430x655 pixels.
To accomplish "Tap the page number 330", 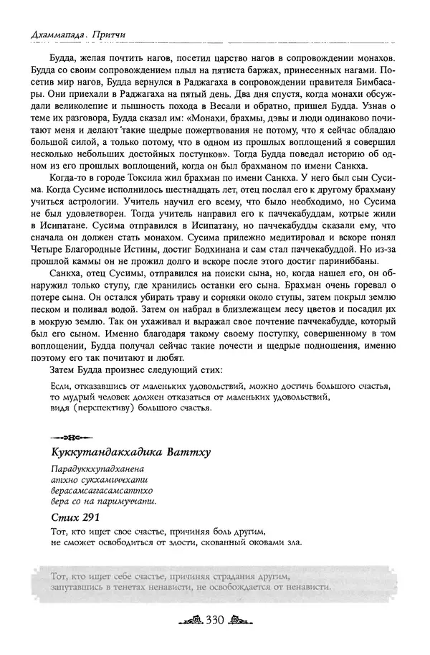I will point(215,621).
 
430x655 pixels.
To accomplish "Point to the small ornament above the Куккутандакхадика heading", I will point(69,436).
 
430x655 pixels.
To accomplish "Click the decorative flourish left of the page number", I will point(188,621).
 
